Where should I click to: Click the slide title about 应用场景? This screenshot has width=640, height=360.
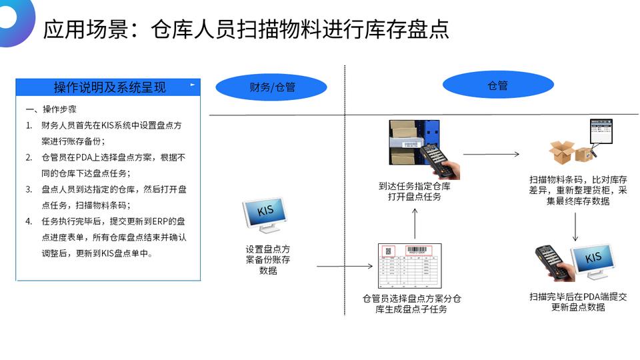245,29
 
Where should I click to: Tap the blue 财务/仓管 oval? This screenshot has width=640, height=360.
272,87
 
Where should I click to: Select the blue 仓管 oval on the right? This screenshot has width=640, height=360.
498,85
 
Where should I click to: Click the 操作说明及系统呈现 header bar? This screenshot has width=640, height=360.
109,87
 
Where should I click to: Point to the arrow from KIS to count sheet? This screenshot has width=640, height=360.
344,267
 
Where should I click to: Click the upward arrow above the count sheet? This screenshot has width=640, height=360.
414,223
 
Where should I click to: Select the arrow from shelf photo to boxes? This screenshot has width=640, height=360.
491,154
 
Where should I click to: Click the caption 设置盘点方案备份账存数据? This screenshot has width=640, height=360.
268,260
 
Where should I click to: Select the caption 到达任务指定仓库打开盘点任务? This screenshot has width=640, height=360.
415,191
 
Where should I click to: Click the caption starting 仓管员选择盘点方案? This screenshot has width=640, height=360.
411,304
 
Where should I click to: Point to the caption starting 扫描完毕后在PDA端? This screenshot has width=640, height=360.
578,302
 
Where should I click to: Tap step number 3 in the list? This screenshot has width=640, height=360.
29,189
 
